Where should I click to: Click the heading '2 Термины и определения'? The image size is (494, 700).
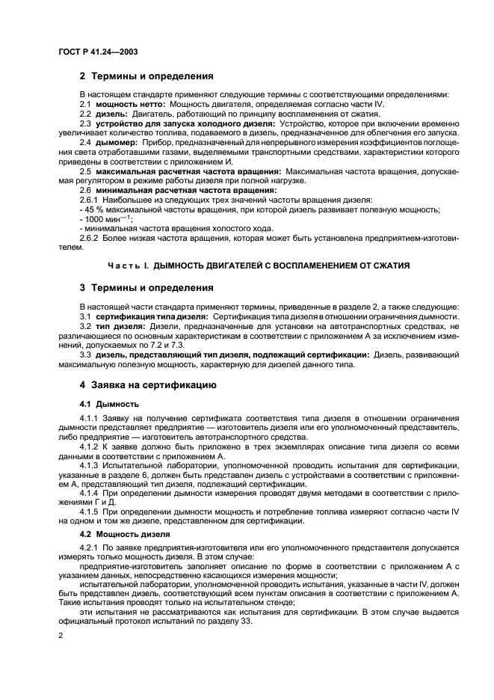tap(146, 76)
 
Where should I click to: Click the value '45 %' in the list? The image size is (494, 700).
tap(93, 209)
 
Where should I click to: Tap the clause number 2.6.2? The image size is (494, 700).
tap(91, 238)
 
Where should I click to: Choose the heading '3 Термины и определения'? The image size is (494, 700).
tap(146, 288)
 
